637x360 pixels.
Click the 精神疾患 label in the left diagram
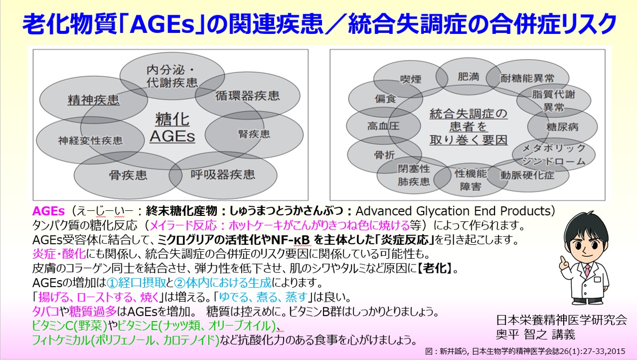click(x=94, y=100)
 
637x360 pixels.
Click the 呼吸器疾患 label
click(x=223, y=175)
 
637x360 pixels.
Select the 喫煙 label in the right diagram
click(x=411, y=79)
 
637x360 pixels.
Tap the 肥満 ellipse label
click(x=468, y=77)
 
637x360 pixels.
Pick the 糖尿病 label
click(x=562, y=127)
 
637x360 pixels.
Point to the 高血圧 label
click(x=383, y=126)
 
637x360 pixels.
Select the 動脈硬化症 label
click(x=527, y=176)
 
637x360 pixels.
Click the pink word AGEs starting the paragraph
click(x=49, y=211)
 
